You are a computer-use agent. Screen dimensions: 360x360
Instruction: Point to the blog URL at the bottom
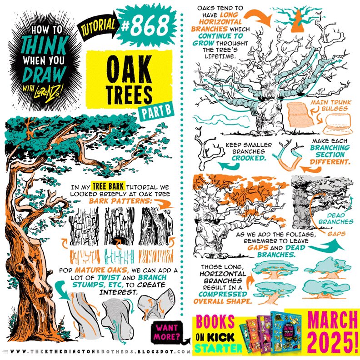click(98, 352)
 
